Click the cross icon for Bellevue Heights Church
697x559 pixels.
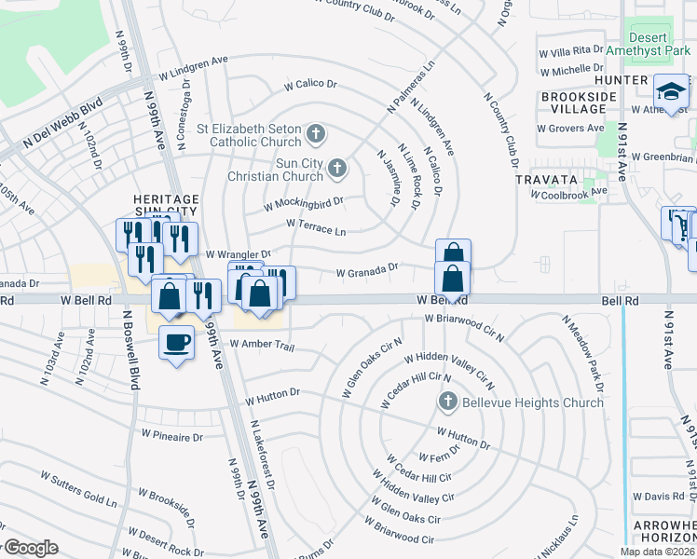pyautogui.click(x=447, y=402)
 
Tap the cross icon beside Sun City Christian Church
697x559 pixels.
pyautogui.click(x=337, y=169)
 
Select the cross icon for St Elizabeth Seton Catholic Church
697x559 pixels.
pyautogui.click(x=316, y=135)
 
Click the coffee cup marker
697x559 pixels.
pyautogui.click(x=177, y=342)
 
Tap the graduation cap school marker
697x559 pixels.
pyautogui.click(x=670, y=91)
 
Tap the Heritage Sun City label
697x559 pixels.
pyautogui.click(x=166, y=206)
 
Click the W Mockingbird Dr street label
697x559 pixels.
pyautogui.click(x=304, y=202)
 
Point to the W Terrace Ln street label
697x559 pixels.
pyautogui.click(x=316, y=226)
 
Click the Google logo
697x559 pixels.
pyautogui.click(x=31, y=548)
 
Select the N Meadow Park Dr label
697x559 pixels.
pyautogui.click(x=582, y=353)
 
